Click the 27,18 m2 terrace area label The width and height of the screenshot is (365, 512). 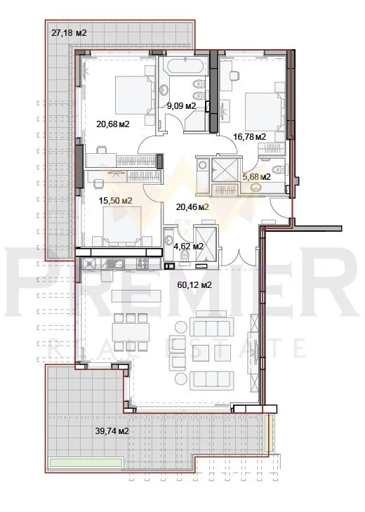69,32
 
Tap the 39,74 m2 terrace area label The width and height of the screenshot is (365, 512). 112,431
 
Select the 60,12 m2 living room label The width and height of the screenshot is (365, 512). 194,285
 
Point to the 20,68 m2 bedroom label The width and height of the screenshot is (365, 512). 113,124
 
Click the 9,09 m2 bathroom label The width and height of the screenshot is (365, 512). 182,106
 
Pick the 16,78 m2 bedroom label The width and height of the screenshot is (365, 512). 250,136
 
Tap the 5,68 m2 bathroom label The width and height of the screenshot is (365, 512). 256,177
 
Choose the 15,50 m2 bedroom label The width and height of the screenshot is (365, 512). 115,200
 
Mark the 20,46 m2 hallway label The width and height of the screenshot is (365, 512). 192,206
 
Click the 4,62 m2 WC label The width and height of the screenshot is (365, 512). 188,247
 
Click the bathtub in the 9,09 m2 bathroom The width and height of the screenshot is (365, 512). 185,66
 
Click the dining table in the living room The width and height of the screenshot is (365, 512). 131,332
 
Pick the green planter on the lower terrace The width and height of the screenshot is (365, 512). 86,463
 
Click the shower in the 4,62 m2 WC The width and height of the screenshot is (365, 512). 205,244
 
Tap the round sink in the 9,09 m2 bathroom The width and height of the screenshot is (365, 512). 164,88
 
